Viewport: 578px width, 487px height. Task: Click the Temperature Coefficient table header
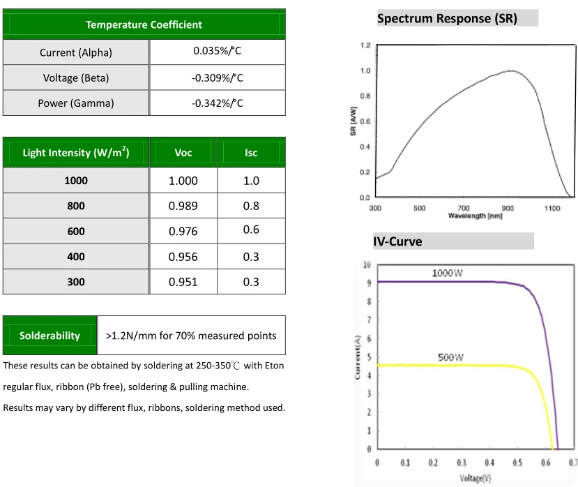tap(144, 24)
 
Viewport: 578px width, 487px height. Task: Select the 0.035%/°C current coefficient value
tap(218, 51)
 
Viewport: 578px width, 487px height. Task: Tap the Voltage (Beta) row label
tap(76, 77)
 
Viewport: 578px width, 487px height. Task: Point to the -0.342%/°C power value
tap(218, 103)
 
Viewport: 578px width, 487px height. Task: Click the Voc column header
tap(183, 153)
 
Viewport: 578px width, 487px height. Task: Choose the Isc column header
tap(251, 153)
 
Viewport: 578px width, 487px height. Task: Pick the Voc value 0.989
tap(183, 206)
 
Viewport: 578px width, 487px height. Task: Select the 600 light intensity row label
tap(76, 232)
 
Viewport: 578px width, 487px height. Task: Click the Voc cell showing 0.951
tap(183, 282)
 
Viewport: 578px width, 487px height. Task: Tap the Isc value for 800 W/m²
tap(251, 206)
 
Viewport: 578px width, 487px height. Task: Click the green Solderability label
tap(50, 336)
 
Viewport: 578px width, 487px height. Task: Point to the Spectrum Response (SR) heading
tap(447, 19)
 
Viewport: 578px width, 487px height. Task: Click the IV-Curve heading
tap(397, 242)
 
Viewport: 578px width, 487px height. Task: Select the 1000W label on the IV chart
tap(447, 273)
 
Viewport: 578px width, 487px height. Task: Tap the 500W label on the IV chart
tap(451, 357)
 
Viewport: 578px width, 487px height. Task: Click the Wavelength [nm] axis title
tap(475, 216)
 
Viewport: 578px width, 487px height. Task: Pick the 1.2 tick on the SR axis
tap(365, 45)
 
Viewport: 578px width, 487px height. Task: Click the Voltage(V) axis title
tap(476, 478)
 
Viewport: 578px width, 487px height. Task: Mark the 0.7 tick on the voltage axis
tap(572, 463)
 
